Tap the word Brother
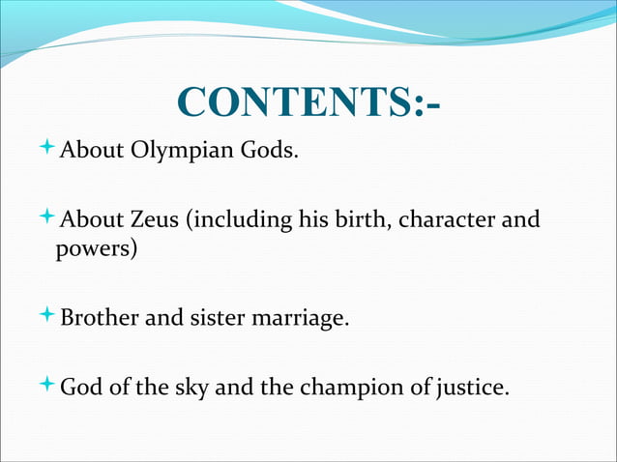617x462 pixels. click(100, 316)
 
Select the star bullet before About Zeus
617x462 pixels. click(49, 218)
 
